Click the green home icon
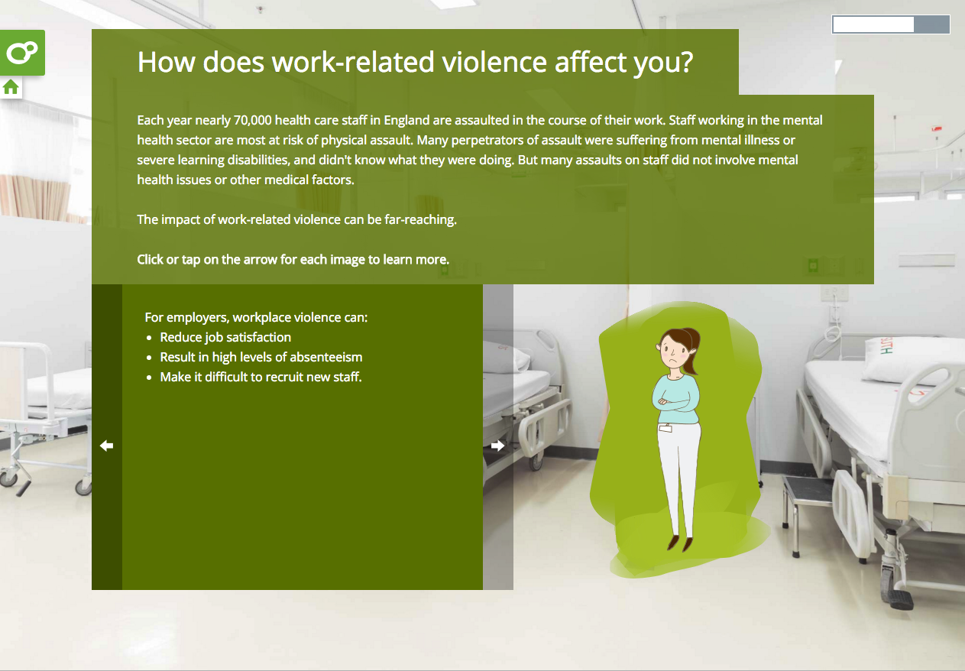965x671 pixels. pos(11,87)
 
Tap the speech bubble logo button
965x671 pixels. pos(22,53)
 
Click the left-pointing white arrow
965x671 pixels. pos(106,446)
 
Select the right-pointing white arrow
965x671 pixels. pos(497,446)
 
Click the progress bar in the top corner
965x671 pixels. pos(890,24)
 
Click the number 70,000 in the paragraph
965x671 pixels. pos(252,120)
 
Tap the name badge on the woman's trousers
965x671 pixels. pos(665,427)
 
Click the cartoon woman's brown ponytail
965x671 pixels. pos(691,352)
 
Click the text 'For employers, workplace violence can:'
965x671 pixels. pos(256,317)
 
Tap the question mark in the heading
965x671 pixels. pos(686,62)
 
